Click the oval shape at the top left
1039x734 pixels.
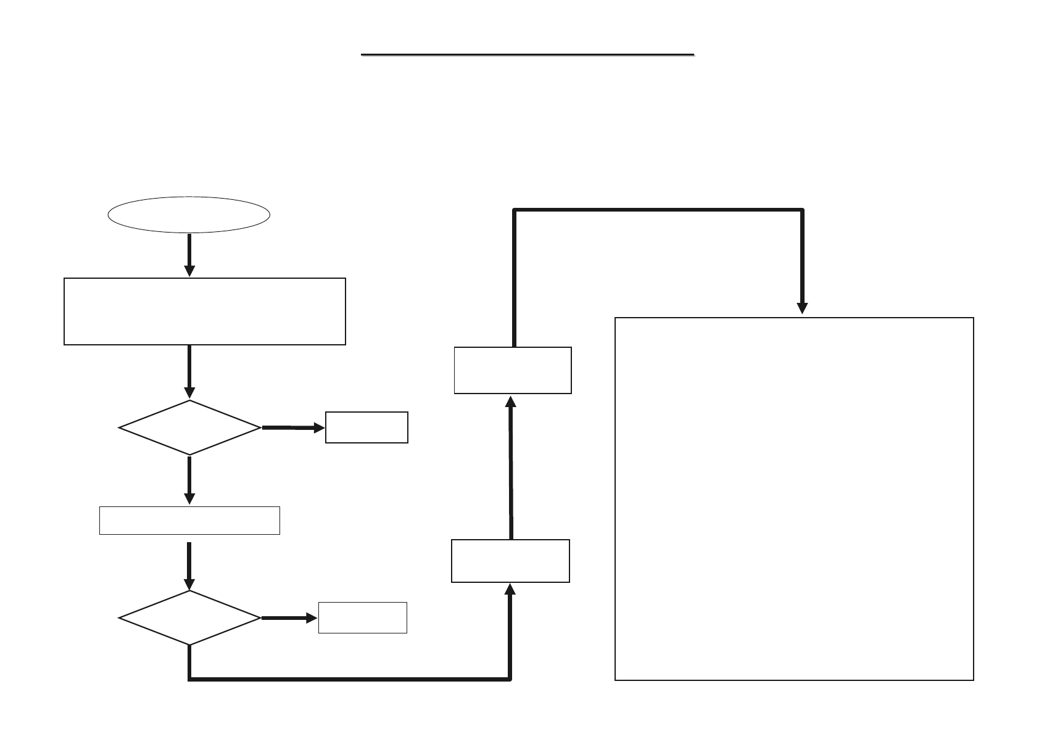(x=189, y=215)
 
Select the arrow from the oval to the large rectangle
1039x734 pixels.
(x=189, y=255)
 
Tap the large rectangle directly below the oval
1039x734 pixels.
(x=204, y=311)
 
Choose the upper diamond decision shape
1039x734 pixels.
(x=189, y=427)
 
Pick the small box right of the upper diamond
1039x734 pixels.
(x=366, y=427)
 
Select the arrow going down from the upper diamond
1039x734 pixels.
(x=189, y=480)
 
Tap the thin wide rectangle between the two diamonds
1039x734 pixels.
(x=189, y=520)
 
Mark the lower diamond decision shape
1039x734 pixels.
(x=189, y=617)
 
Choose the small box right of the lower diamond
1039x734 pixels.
(x=362, y=617)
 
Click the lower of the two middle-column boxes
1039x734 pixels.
(x=510, y=561)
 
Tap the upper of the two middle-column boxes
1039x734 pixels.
(x=513, y=370)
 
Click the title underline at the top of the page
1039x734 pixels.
(x=528, y=55)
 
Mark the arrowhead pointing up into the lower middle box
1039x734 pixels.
(x=510, y=589)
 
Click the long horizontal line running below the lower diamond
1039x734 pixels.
(x=349, y=679)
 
